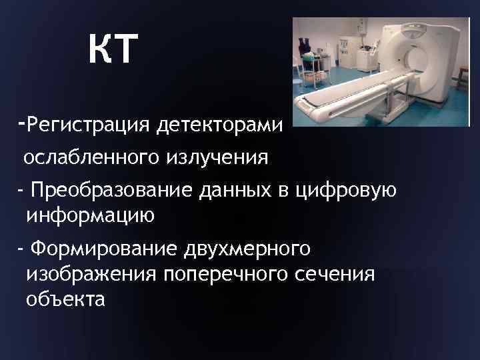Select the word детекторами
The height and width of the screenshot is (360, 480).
coord(219,124)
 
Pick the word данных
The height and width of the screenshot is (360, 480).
coord(229,191)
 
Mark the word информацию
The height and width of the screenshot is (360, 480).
coord(90,215)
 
